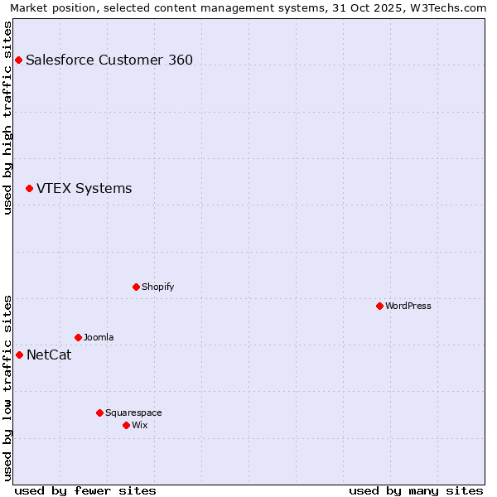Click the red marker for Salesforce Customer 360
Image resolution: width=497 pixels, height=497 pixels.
[18, 60]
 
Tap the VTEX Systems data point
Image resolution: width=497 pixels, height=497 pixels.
[29, 189]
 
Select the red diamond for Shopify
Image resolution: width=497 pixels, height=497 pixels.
[136, 287]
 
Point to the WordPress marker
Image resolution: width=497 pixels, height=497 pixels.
[379, 306]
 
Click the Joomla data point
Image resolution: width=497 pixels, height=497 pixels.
[78, 337]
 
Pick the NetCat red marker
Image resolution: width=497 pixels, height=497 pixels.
[19, 355]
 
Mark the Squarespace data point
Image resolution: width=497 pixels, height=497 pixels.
[99, 413]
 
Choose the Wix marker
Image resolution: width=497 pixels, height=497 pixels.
[126, 425]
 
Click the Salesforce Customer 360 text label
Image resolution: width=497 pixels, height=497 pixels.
[109, 60]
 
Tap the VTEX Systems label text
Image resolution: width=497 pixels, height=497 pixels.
[84, 189]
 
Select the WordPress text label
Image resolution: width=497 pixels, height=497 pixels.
[408, 306]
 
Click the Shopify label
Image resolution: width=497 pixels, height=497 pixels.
[157, 287]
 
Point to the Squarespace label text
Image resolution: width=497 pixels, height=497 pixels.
[133, 413]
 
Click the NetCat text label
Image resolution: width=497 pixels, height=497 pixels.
[49, 355]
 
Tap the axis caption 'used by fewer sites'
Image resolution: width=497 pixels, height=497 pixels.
[85, 490]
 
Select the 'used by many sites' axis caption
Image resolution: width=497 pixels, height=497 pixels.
[416, 490]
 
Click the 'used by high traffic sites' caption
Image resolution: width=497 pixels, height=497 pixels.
[7, 118]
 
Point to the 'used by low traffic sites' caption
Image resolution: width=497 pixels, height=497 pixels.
[7, 388]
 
